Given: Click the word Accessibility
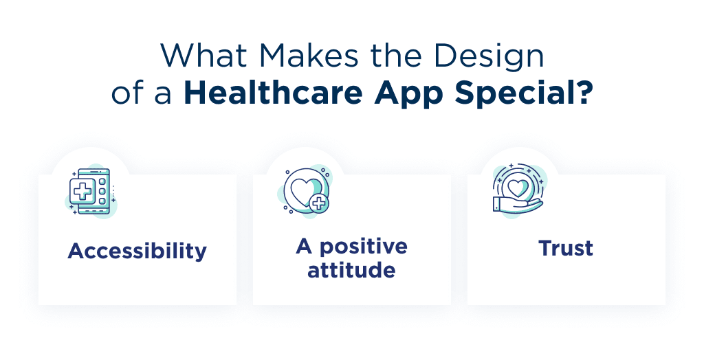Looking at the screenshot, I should click(x=137, y=251).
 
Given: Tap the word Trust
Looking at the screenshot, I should click(x=566, y=248).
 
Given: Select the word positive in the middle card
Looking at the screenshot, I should click(x=364, y=247).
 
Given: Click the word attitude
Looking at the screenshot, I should click(x=351, y=270).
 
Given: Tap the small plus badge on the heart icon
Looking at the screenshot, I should click(x=318, y=204).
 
